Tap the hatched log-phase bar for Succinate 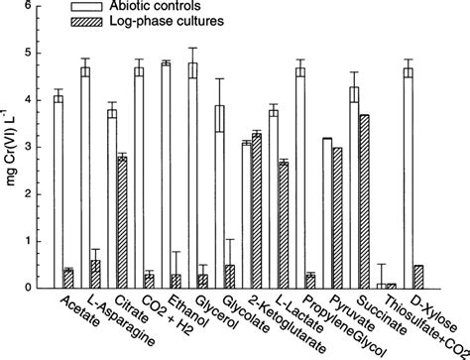coord(364,202)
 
